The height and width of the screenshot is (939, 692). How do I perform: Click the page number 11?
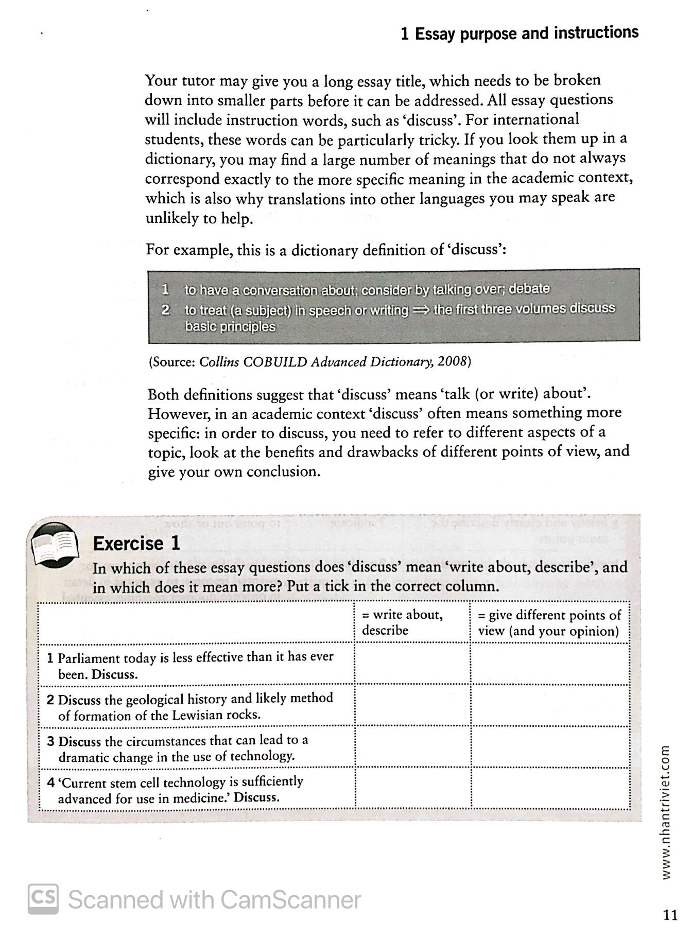670,915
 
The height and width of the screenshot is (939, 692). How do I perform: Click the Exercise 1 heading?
136,544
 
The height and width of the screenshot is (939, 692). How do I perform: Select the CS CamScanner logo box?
43,899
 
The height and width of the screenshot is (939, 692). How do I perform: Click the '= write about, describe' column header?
402,622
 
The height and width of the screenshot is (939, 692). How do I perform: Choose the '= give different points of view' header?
549,623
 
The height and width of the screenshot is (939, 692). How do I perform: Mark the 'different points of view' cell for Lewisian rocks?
550,706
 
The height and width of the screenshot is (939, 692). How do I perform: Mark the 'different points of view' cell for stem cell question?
550,789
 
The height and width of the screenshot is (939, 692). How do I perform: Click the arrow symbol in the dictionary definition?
421,310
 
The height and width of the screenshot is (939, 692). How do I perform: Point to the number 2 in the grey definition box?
165,310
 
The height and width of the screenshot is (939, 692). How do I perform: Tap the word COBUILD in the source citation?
275,361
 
